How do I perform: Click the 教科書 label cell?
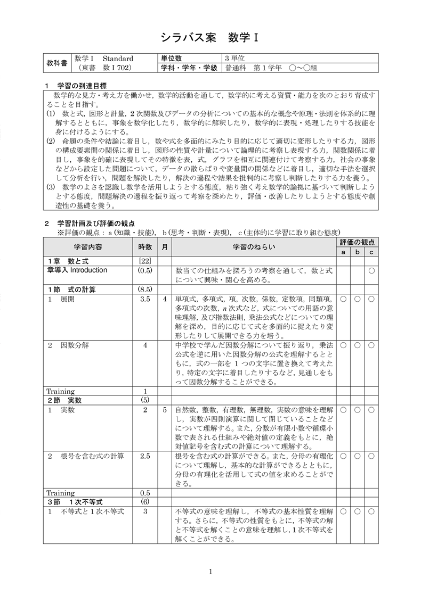(x=57, y=63)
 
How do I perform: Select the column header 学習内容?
(x=88, y=247)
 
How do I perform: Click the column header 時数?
(x=145, y=247)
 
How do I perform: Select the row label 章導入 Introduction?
(x=77, y=270)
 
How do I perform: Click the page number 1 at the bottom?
(x=211, y=572)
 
